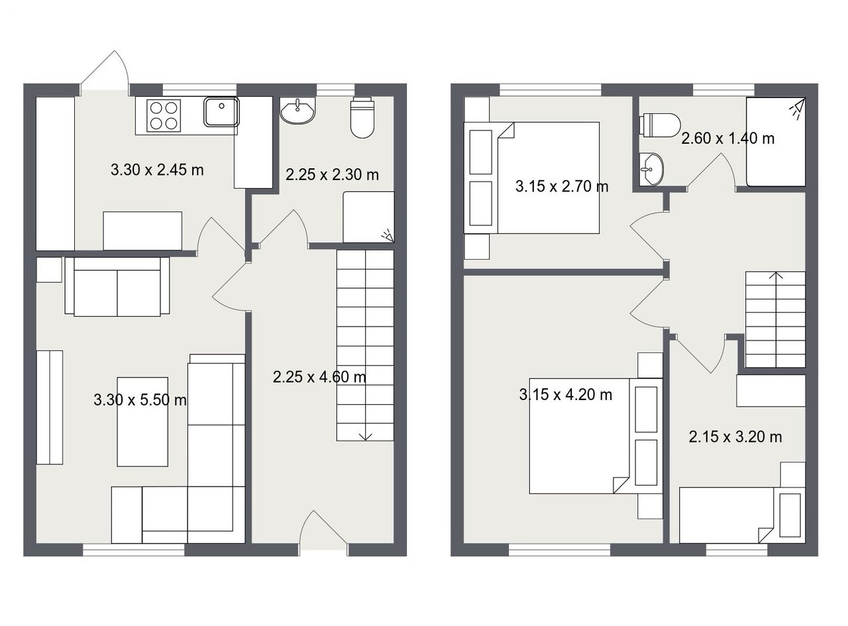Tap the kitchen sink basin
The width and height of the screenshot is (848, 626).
221,111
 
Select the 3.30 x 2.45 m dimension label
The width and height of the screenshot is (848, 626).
157,170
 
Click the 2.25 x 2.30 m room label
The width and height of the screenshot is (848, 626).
332,174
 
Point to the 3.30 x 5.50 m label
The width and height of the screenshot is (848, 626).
140,400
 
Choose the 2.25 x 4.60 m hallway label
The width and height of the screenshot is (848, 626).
319,377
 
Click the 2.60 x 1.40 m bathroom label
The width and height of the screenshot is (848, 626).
728,138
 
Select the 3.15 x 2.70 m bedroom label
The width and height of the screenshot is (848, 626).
562,186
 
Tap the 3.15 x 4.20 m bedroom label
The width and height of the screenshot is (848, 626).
566,394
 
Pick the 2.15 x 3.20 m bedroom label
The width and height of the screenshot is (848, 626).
735,437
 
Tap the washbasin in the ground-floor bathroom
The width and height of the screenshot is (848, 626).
298,111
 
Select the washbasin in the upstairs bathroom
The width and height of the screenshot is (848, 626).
651,170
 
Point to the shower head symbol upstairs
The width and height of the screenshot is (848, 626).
797,108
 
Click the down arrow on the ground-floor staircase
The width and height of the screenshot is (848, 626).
366,436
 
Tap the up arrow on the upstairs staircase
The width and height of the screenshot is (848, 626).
776,275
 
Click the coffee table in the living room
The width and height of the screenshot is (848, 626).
142,422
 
